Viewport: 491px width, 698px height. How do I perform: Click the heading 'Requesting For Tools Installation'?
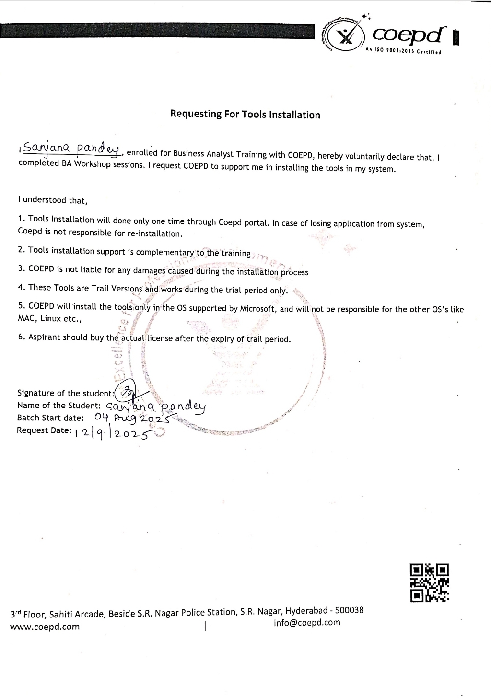click(245, 115)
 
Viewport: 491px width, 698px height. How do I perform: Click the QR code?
click(430, 582)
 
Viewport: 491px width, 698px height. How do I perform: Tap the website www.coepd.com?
click(45, 627)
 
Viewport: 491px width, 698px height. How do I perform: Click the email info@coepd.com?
click(307, 623)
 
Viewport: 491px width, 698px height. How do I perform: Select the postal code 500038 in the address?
click(349, 610)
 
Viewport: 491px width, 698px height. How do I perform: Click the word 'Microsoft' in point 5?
click(257, 308)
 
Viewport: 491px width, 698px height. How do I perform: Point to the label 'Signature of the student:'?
click(66, 393)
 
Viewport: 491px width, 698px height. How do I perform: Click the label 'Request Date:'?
click(44, 430)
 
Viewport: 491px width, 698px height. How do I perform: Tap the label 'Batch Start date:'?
click(50, 418)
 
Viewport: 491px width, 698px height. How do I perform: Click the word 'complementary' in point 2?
click(165, 252)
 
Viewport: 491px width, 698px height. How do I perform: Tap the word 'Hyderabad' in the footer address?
click(307, 611)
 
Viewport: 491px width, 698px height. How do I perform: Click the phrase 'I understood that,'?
click(52, 200)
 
